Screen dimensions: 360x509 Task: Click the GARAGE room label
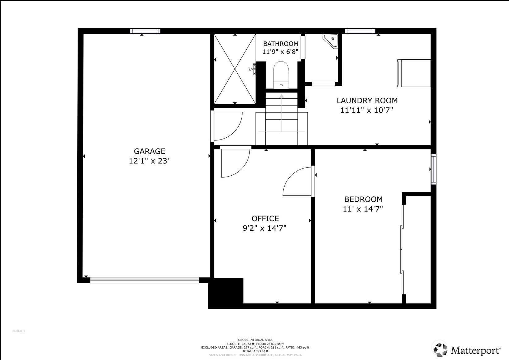click(150, 151)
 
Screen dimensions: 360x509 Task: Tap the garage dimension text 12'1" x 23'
click(149, 161)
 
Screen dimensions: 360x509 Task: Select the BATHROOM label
click(281, 44)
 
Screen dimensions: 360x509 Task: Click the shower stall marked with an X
click(235, 69)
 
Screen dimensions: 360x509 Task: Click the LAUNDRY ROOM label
click(367, 101)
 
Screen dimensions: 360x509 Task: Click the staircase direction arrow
click(282, 111)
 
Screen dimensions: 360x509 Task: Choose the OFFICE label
click(265, 219)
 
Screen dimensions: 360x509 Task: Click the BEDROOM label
click(363, 199)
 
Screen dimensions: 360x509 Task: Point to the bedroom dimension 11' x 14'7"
click(363, 209)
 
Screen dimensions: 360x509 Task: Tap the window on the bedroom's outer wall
click(434, 169)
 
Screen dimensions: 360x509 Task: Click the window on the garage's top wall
click(145, 31)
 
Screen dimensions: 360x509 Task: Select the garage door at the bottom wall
click(144, 280)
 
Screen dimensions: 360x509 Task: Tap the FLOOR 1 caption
click(19, 331)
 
